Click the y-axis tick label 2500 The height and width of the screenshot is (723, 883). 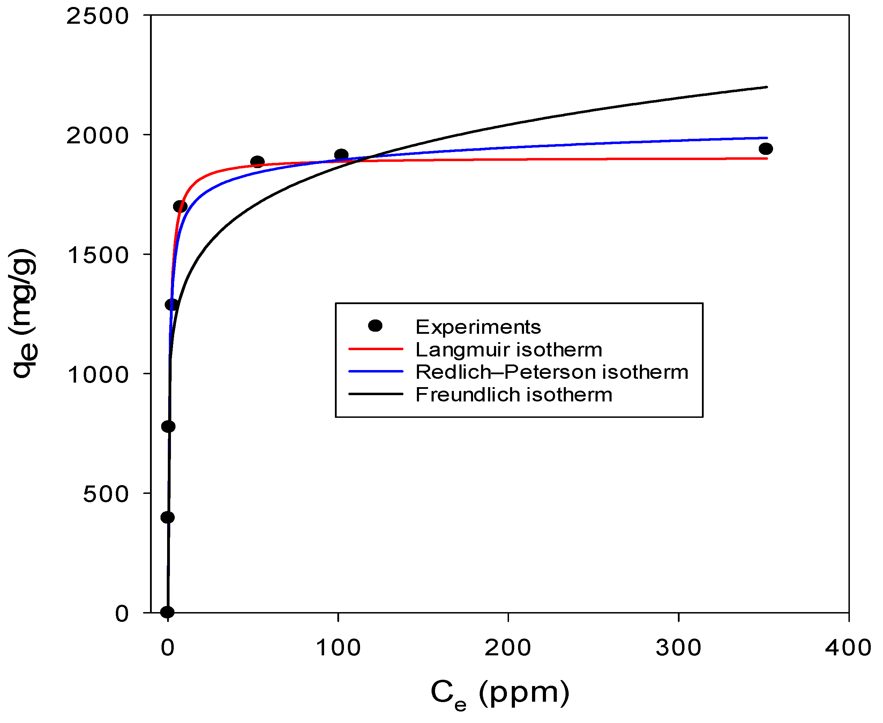click(97, 17)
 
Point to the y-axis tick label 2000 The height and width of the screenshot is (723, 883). click(97, 136)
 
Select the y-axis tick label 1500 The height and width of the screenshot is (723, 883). click(97, 255)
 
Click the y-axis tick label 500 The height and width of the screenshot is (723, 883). click(105, 494)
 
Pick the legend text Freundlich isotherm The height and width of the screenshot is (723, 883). click(514, 395)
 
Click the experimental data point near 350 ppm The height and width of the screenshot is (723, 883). click(765, 149)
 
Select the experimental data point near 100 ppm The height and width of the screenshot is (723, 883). click(341, 155)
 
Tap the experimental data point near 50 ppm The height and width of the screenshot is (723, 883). click(257, 161)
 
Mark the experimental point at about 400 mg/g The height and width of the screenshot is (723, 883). click(167, 517)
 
